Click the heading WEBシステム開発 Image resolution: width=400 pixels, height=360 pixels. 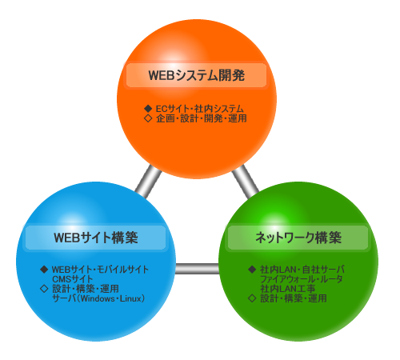[197, 75]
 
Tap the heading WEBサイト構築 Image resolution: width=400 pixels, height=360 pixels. [96, 238]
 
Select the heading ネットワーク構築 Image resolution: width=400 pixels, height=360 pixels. [298, 238]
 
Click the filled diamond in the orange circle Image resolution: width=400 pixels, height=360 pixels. [148, 109]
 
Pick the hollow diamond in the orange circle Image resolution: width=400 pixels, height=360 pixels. [148, 118]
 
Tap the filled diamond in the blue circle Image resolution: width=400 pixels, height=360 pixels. [44, 270]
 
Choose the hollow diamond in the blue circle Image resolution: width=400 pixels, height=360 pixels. [44, 289]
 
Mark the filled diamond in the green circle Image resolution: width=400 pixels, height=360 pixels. [252, 270]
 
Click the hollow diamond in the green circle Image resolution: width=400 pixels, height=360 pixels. [252, 298]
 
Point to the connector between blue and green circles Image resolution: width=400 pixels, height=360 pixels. [197, 269]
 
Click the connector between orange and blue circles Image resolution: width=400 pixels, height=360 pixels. [148, 182]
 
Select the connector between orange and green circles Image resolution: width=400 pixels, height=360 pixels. [246, 182]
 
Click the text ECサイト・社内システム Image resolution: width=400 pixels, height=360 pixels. [200, 109]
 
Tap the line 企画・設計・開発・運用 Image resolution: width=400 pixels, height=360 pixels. [202, 118]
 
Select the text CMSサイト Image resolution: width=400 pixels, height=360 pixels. [73, 279]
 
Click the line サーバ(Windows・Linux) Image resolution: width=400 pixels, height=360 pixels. [98, 298]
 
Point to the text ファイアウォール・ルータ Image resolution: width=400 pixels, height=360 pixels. [302, 279]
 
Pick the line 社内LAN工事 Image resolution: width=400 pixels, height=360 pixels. [288, 289]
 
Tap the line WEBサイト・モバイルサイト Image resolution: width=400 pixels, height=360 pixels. [100, 270]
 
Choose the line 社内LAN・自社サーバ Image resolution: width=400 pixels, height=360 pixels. [302, 270]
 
